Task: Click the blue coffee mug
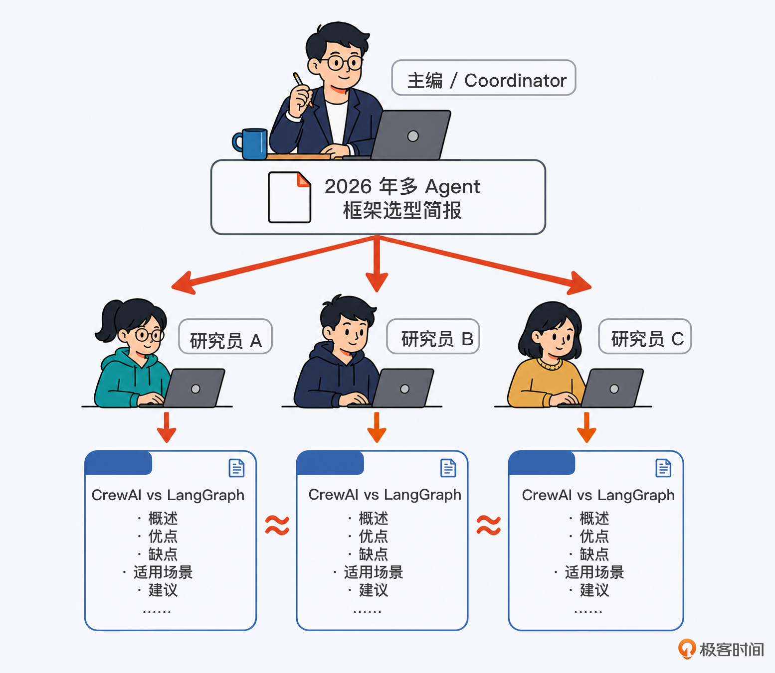(x=250, y=144)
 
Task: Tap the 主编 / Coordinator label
(x=483, y=78)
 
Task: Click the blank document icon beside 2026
(x=289, y=197)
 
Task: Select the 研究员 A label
(x=225, y=336)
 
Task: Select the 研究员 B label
(x=433, y=336)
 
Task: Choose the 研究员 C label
(x=645, y=336)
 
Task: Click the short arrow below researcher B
(x=377, y=427)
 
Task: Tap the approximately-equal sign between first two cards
(x=277, y=525)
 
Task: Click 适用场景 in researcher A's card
(x=163, y=572)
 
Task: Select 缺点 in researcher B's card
(x=374, y=554)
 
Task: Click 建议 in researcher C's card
(x=594, y=590)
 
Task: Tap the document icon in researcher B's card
(x=448, y=468)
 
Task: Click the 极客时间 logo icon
(x=687, y=649)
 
